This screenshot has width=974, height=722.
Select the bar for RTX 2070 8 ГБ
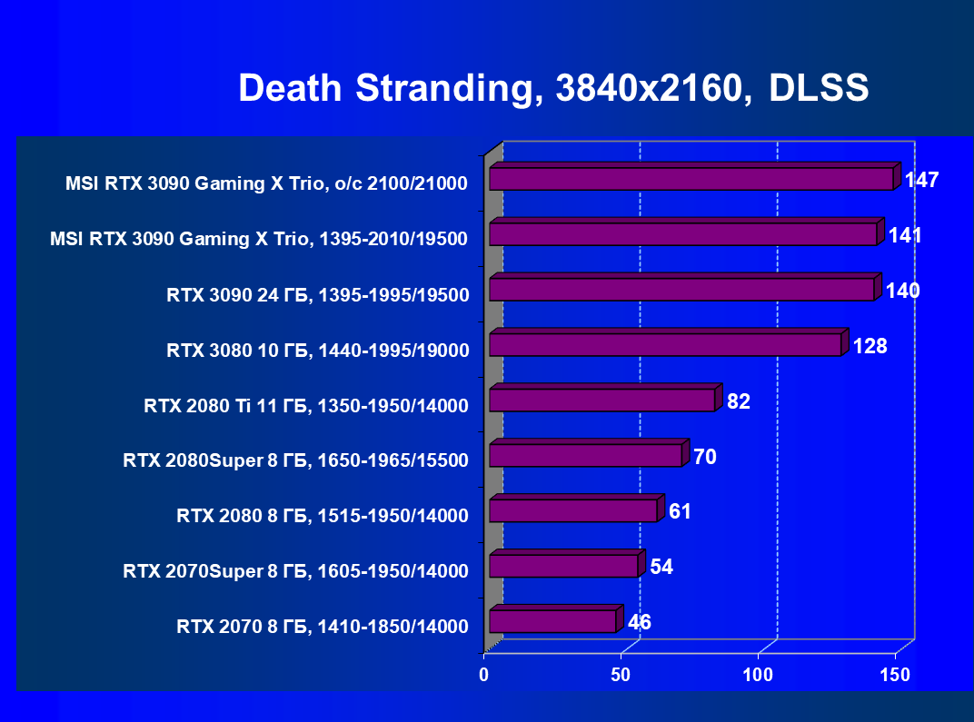[x=553, y=621]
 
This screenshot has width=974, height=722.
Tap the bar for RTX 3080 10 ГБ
[x=666, y=344]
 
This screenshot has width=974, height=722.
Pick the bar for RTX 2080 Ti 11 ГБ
[x=602, y=400]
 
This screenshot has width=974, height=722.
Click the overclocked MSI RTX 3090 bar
[x=691, y=178]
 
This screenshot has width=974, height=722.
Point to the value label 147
[x=921, y=180]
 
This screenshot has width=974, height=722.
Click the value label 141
[x=905, y=236]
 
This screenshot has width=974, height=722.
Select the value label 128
[x=870, y=346]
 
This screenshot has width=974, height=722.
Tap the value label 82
[x=739, y=401]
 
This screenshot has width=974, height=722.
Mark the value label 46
[x=639, y=622]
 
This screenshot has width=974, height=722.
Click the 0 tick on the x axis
[x=484, y=675]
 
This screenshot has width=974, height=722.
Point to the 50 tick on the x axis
[x=621, y=675]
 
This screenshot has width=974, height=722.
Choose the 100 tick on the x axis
[x=758, y=675]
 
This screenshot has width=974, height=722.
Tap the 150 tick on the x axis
[x=895, y=675]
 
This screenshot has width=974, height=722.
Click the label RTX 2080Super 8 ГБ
[x=295, y=460]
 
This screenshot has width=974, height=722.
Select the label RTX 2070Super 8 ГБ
[x=295, y=571]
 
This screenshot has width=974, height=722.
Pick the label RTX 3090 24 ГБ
[x=318, y=294]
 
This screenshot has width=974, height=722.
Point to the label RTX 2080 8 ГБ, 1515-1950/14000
[x=323, y=516]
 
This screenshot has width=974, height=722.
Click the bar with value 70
[x=585, y=455]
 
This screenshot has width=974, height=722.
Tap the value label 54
[x=661, y=567]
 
